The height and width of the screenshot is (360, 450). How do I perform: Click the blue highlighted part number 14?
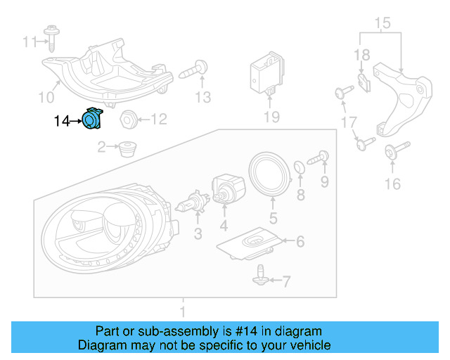92,120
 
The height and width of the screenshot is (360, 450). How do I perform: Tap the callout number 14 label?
62,122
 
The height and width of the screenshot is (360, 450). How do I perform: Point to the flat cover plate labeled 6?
252,244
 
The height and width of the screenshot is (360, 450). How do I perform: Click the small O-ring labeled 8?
300,167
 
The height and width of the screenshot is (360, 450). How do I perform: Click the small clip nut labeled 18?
361,84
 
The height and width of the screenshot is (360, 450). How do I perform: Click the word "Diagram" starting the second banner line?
100,345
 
